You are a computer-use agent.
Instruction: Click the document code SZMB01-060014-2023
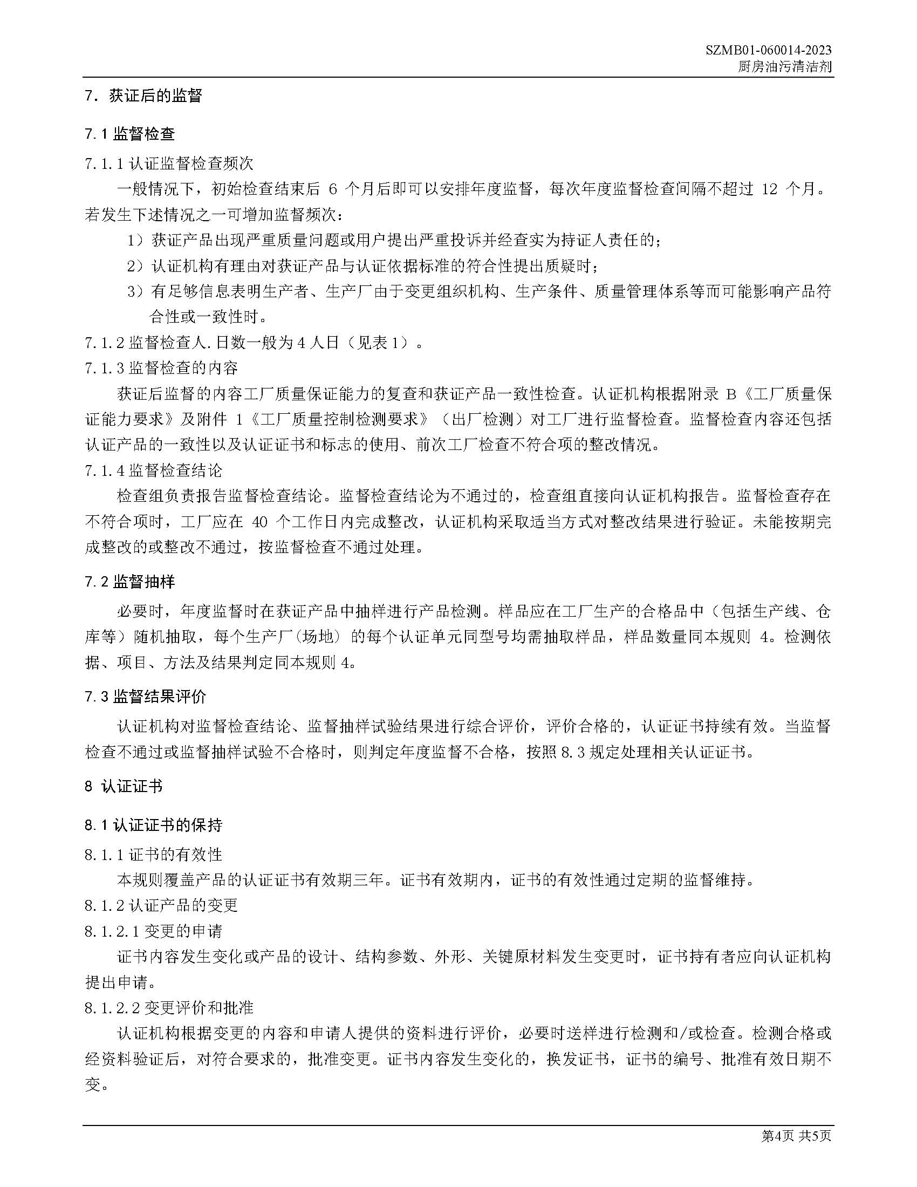[769, 51]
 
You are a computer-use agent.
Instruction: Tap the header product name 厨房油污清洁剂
[784, 67]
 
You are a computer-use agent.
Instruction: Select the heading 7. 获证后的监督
[143, 95]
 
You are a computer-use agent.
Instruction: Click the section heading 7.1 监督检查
[130, 134]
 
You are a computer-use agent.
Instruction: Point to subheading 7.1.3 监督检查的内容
[161, 369]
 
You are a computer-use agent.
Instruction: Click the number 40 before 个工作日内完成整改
[260, 522]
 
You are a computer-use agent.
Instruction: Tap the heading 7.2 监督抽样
[130, 582]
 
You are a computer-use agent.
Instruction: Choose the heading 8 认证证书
[124, 787]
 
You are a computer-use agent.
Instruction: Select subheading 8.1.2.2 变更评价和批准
[169, 1008]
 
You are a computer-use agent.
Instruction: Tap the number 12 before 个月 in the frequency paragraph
[770, 189]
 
